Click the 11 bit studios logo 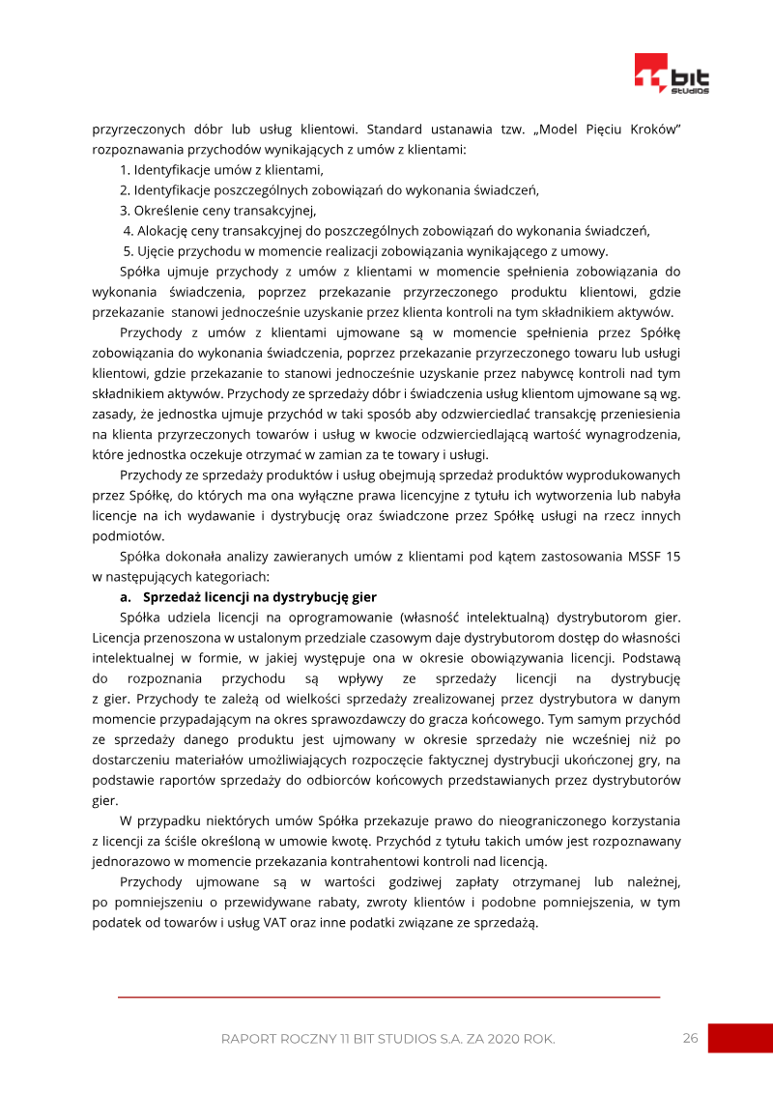point(672,73)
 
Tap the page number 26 point(690,1038)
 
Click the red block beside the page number point(740,1038)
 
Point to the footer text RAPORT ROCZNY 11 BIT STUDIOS point(387,1039)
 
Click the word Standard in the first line point(396,129)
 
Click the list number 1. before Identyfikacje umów point(126,170)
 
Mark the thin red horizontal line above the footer point(388,996)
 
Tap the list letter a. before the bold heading point(126,597)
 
